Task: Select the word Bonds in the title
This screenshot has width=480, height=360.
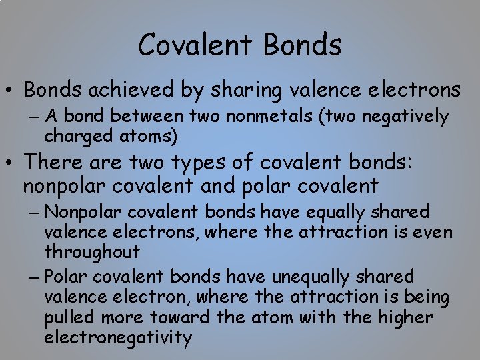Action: point(303,45)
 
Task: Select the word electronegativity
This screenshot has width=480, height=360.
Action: point(118,337)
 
